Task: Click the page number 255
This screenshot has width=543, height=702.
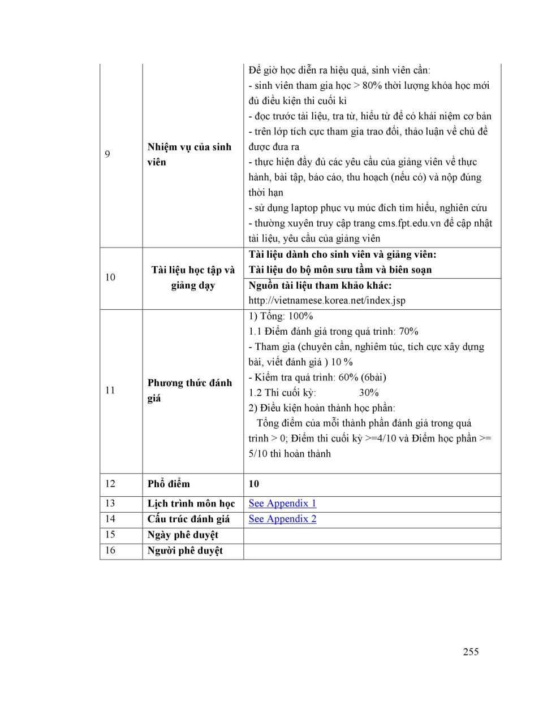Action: (x=471, y=652)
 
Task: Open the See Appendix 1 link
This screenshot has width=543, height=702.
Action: (x=282, y=504)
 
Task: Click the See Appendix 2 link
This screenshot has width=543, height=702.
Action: (x=282, y=519)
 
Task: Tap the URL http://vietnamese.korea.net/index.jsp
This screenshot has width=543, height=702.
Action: (x=327, y=301)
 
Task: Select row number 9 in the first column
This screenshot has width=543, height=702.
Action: (x=107, y=154)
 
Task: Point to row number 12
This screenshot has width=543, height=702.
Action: (x=110, y=484)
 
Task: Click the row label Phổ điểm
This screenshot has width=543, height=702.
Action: (x=169, y=484)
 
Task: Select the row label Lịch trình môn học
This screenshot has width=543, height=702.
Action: (x=191, y=504)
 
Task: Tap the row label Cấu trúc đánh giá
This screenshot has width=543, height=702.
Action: (x=188, y=519)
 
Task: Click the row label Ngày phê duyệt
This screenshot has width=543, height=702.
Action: (x=183, y=535)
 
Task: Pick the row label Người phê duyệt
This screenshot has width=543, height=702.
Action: (x=185, y=551)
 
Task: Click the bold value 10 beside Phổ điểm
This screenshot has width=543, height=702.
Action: (x=254, y=484)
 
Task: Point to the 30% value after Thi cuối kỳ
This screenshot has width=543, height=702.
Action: (x=369, y=393)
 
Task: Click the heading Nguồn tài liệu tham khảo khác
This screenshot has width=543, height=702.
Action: (x=320, y=285)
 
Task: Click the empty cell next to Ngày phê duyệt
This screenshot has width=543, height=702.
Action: (x=372, y=535)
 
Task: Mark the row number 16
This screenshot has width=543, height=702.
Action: (x=110, y=551)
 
